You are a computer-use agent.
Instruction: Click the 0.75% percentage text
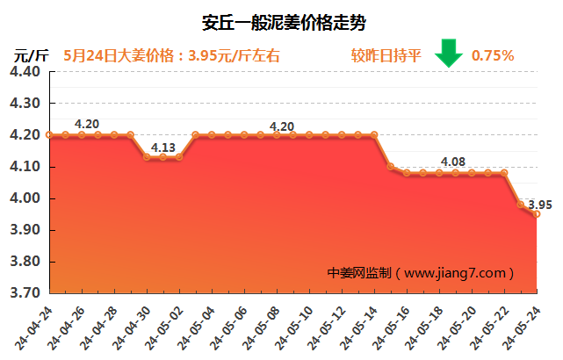click(493, 55)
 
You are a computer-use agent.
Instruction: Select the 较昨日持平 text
click(386, 55)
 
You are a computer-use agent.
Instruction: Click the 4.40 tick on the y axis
click(26, 71)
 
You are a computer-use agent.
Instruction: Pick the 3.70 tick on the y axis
click(26, 293)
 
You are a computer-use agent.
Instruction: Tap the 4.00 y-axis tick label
click(26, 198)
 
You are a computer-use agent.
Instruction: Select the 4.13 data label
click(163, 148)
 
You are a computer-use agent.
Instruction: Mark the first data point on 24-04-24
click(50, 135)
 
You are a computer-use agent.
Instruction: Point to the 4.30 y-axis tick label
click(26, 103)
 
